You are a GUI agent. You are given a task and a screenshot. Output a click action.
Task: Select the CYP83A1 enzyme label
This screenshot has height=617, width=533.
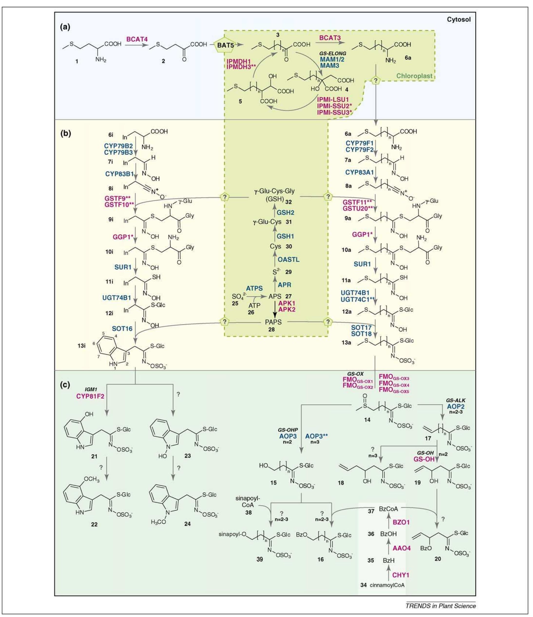coord(359,172)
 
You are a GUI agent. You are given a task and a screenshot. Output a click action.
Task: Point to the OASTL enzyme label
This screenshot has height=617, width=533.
coord(289,260)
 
